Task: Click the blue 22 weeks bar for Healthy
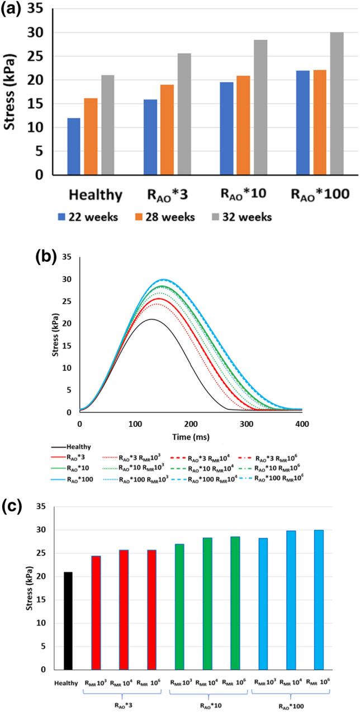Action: [x=74, y=147]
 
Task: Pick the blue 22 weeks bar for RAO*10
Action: [x=226, y=129]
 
